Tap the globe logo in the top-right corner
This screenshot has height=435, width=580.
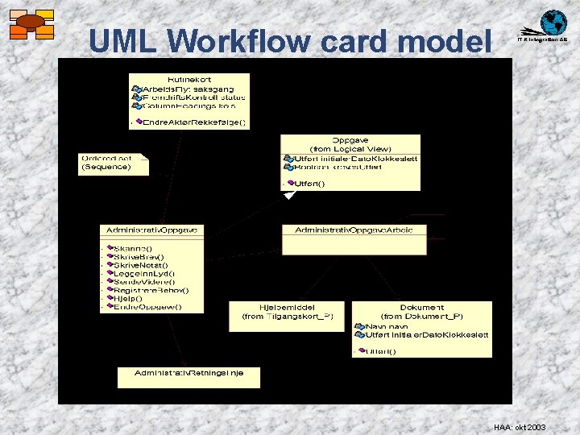coord(553,22)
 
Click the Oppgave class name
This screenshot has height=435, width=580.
coord(350,140)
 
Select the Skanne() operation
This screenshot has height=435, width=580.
coord(134,249)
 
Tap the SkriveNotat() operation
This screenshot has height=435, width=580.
coord(142,265)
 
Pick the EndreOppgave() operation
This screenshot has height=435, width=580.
coord(147,307)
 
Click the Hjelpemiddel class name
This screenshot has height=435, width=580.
coord(281,308)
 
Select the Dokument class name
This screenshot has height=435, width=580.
coord(422,308)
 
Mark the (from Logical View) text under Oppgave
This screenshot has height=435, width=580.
coord(350,149)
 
